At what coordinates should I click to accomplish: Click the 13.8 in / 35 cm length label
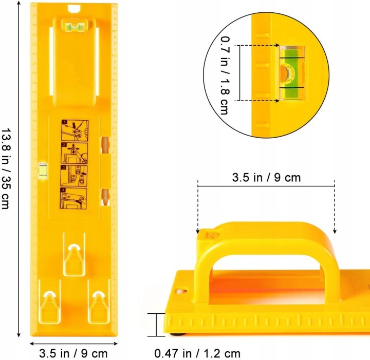tap(6, 168)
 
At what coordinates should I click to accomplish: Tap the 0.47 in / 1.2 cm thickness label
tap(197, 353)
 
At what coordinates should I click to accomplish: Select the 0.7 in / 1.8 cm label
tap(225, 75)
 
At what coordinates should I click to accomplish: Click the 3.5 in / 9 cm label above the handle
tap(266, 177)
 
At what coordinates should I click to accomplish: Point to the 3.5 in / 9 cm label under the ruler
tap(73, 353)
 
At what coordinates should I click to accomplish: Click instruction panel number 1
tap(75, 130)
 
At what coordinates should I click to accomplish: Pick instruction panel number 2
tap(75, 153)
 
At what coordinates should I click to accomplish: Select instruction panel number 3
tap(74, 176)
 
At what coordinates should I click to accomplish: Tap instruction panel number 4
tap(73, 199)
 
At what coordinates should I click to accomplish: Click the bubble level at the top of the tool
tap(75, 26)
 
